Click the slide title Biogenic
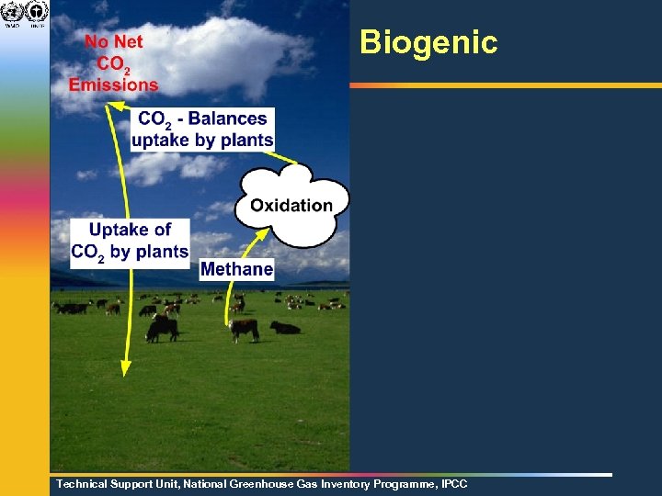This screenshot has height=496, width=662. coord(428,42)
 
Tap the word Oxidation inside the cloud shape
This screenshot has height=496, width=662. coord(291,205)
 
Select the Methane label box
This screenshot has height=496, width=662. coord(236,268)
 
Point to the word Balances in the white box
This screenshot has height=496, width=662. coord(227,118)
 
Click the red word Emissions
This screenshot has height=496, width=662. coord(113,85)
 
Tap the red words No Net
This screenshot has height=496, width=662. coord(114,42)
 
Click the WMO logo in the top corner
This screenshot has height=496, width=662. coord(13,13)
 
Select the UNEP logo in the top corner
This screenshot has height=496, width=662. coord(37,13)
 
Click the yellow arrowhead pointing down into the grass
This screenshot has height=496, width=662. coord(126,367)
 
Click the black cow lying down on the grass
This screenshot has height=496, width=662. coord(285,327)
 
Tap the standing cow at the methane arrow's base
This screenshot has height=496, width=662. coord(244,329)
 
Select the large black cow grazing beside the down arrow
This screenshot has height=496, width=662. coord(163,327)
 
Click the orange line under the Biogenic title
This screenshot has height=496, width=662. coord(505,85)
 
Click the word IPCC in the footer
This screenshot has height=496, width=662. coord(454,483)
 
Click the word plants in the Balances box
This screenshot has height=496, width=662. coord(249,140)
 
